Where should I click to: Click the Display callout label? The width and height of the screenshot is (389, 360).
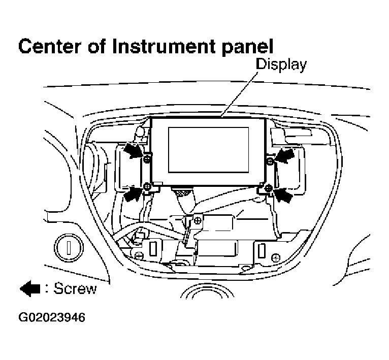pos(281,64)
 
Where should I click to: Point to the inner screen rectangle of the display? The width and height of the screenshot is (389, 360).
pos(208,149)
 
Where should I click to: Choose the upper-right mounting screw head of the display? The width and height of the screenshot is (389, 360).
pos(270,161)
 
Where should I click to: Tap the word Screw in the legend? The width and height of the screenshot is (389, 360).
pos(75,289)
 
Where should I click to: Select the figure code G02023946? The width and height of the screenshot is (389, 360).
pos(52,318)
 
